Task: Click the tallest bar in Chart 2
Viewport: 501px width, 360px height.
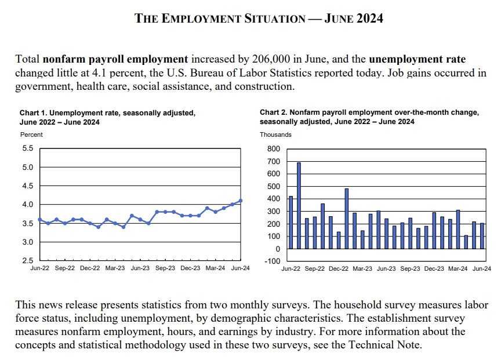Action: (x=299, y=205)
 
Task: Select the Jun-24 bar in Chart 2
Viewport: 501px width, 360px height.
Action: (x=482, y=236)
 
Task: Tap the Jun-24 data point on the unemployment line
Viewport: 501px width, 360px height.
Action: (x=241, y=201)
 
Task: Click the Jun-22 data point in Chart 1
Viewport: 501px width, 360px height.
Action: (x=39, y=219)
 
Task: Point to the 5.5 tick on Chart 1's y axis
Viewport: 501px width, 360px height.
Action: (x=27, y=149)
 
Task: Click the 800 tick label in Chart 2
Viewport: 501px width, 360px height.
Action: (x=274, y=149)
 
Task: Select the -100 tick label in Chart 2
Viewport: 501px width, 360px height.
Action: (x=271, y=261)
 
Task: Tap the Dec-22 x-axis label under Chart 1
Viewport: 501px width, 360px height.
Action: (x=90, y=269)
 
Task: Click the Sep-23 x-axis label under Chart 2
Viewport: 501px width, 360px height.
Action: (x=410, y=269)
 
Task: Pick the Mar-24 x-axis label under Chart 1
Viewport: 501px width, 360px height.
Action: (x=216, y=269)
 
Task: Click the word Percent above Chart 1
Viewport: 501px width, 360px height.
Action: (x=32, y=134)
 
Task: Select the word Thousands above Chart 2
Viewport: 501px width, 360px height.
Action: (x=275, y=134)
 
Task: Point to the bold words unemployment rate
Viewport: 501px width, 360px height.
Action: (x=417, y=59)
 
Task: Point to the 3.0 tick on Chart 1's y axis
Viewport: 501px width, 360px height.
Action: (x=27, y=242)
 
